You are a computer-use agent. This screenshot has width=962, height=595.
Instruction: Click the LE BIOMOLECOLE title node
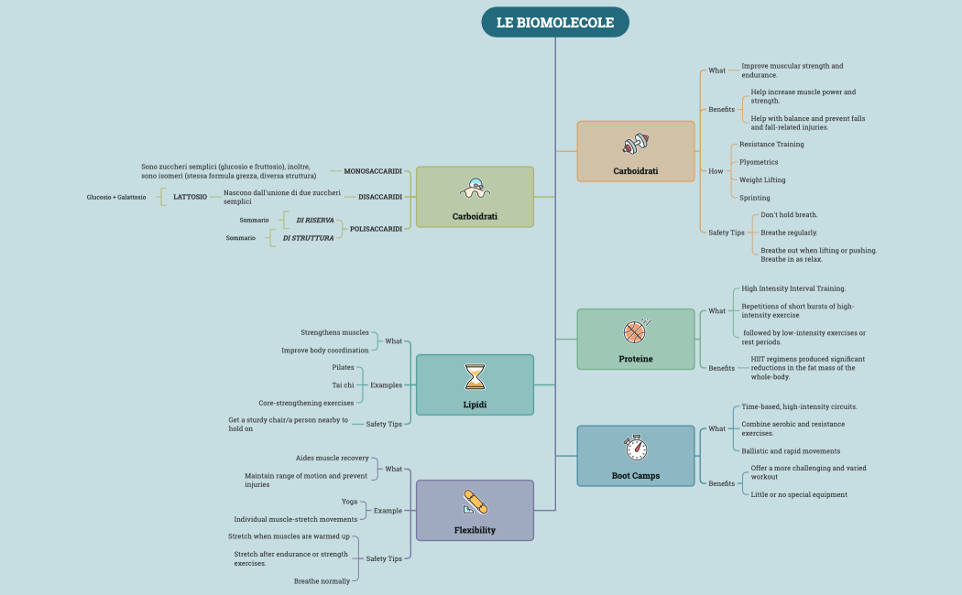(x=555, y=23)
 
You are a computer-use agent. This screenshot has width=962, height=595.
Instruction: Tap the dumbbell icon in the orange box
(x=635, y=144)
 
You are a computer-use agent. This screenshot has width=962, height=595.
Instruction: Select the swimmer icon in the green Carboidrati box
(x=475, y=189)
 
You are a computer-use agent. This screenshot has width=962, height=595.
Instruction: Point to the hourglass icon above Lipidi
(x=475, y=376)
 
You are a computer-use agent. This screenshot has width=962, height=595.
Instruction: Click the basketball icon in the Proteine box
(x=635, y=330)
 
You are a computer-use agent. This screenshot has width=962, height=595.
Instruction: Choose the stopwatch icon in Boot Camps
(x=635, y=448)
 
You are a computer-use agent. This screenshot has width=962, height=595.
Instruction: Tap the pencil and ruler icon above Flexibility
(x=475, y=502)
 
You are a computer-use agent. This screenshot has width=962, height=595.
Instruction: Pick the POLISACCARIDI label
(x=376, y=229)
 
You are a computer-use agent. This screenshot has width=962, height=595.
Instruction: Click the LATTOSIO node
(x=190, y=197)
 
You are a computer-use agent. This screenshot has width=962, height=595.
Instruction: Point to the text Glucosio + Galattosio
(x=116, y=197)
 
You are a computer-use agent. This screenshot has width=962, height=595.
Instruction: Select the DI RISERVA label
(x=314, y=221)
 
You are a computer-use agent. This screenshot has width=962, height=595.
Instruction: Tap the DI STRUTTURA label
(x=308, y=238)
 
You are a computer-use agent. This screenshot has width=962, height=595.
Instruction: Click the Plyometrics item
(x=759, y=162)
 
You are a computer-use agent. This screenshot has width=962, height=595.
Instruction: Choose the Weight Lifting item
(x=762, y=179)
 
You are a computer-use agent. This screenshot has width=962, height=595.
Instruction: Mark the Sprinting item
(x=755, y=198)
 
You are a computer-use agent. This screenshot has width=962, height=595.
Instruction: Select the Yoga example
(x=349, y=502)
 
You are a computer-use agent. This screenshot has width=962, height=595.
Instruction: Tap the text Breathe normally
(x=322, y=581)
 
